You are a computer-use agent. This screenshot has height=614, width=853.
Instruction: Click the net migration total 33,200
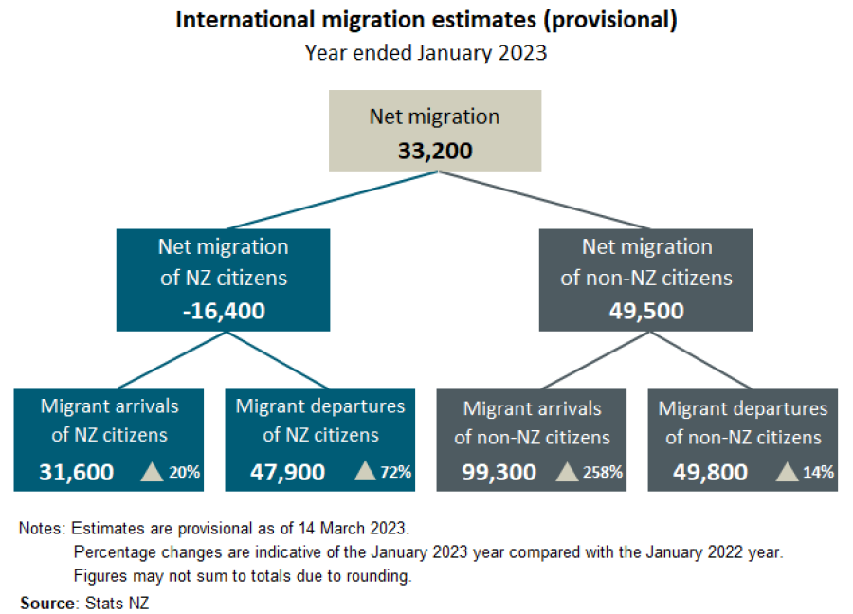(x=435, y=151)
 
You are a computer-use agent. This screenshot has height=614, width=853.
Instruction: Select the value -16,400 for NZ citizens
(x=224, y=310)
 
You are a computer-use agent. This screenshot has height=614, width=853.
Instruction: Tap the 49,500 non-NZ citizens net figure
(x=646, y=311)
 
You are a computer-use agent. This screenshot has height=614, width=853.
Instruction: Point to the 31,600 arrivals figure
(x=77, y=471)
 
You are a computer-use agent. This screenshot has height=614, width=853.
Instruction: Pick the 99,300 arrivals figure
(x=499, y=471)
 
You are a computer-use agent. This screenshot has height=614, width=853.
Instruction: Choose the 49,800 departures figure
(x=711, y=471)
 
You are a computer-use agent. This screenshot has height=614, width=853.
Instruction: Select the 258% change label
(x=603, y=472)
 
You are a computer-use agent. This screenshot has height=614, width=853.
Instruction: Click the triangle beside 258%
(x=567, y=471)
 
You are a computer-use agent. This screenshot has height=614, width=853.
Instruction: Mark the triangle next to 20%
(x=153, y=471)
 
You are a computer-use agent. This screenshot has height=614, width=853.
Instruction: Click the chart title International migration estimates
(x=426, y=21)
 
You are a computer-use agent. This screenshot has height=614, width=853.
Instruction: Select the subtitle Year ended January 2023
(x=426, y=52)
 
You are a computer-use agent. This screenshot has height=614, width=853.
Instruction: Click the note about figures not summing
(x=242, y=575)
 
